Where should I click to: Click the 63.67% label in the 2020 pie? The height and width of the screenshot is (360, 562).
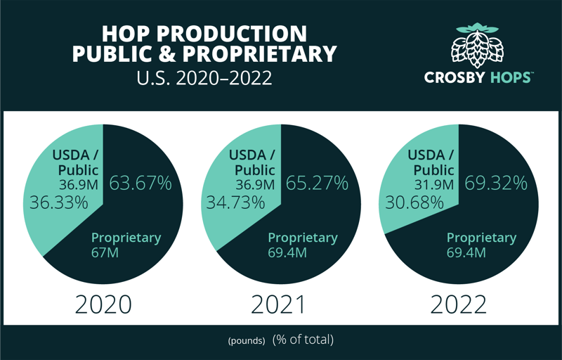pos(140,184)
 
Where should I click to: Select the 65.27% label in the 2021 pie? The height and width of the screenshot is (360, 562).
pos(317,184)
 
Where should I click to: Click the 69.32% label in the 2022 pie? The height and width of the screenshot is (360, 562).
pos(495,184)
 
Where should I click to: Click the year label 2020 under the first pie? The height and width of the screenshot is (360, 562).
pos(103,304)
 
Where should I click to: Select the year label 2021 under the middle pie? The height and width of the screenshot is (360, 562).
pos(279,304)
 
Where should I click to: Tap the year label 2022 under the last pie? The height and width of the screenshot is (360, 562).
pos(458,304)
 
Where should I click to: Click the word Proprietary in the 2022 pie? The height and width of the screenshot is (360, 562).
pos(481,238)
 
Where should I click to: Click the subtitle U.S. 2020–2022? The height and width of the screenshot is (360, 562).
pos(204,77)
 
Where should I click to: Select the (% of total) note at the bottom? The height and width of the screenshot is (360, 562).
pos(303,340)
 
